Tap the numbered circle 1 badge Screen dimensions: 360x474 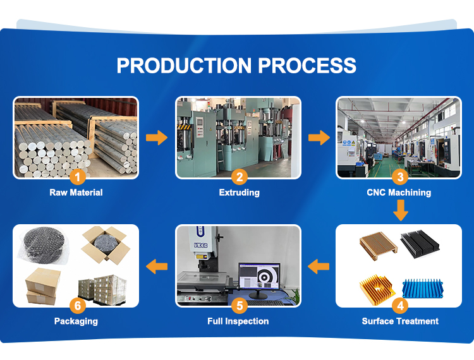coord(76,177)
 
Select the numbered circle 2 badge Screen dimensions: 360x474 coord(239,177)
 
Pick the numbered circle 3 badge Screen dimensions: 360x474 coord(399,177)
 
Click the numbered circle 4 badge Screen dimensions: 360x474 coord(399,307)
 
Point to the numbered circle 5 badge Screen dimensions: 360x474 coord(238,307)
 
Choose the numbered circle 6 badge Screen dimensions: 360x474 coord(76,307)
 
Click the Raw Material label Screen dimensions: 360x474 coord(76,193)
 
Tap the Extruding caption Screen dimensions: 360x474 coord(239,193)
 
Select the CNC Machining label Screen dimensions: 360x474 coord(399,193)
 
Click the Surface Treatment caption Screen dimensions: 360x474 coord(399,321)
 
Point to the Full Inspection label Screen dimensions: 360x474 coord(238,321)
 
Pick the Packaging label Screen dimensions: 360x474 coord(76,321)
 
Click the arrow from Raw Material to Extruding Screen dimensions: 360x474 coord(157,137)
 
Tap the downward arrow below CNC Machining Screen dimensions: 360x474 coord(399,211)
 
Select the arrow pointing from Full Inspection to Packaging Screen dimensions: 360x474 coord(157,266)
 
